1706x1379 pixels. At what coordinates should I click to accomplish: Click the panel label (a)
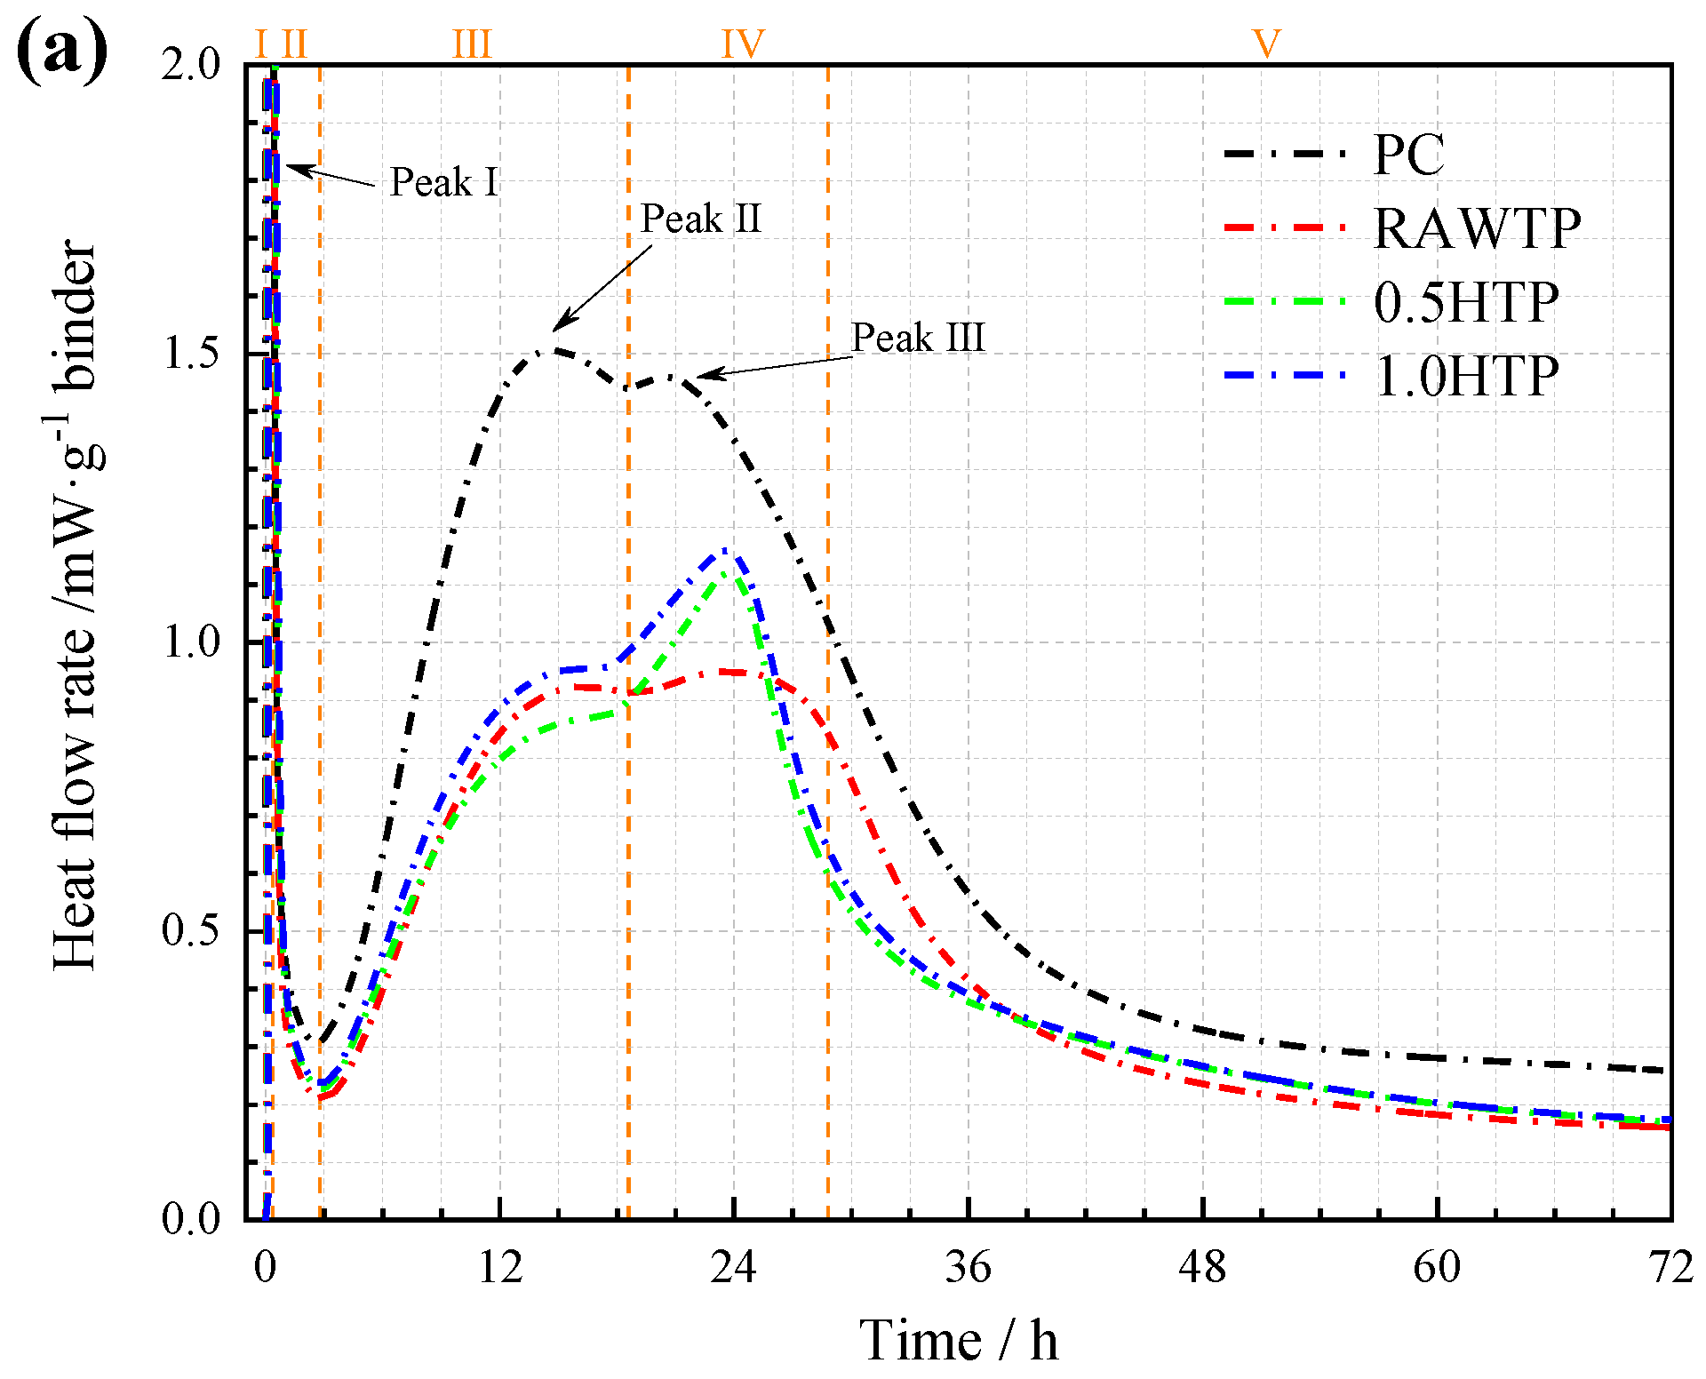click(62, 52)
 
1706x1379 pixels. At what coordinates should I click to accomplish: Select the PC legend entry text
click(1408, 155)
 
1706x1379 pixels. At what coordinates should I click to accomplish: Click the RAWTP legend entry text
click(1477, 228)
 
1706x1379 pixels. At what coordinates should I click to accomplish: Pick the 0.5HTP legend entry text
click(1466, 303)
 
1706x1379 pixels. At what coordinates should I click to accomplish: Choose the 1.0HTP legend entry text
click(1466, 377)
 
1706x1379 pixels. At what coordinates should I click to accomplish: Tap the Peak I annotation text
click(443, 182)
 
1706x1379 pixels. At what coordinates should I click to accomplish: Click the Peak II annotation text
click(701, 219)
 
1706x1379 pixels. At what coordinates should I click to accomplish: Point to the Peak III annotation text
click(918, 338)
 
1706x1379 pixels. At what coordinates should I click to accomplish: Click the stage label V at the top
click(1266, 44)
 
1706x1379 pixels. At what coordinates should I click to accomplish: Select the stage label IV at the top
click(743, 44)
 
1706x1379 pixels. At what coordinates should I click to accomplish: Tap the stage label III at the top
click(471, 44)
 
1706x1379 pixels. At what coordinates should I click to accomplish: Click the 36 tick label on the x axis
click(968, 1267)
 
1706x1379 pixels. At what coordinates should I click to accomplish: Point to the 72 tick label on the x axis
click(1670, 1267)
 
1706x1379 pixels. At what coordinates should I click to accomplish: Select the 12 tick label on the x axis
click(500, 1267)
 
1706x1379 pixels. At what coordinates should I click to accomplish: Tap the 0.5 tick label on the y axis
click(191, 930)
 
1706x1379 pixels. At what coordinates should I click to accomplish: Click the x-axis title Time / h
click(959, 1340)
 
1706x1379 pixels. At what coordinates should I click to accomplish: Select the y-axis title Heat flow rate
click(75, 604)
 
